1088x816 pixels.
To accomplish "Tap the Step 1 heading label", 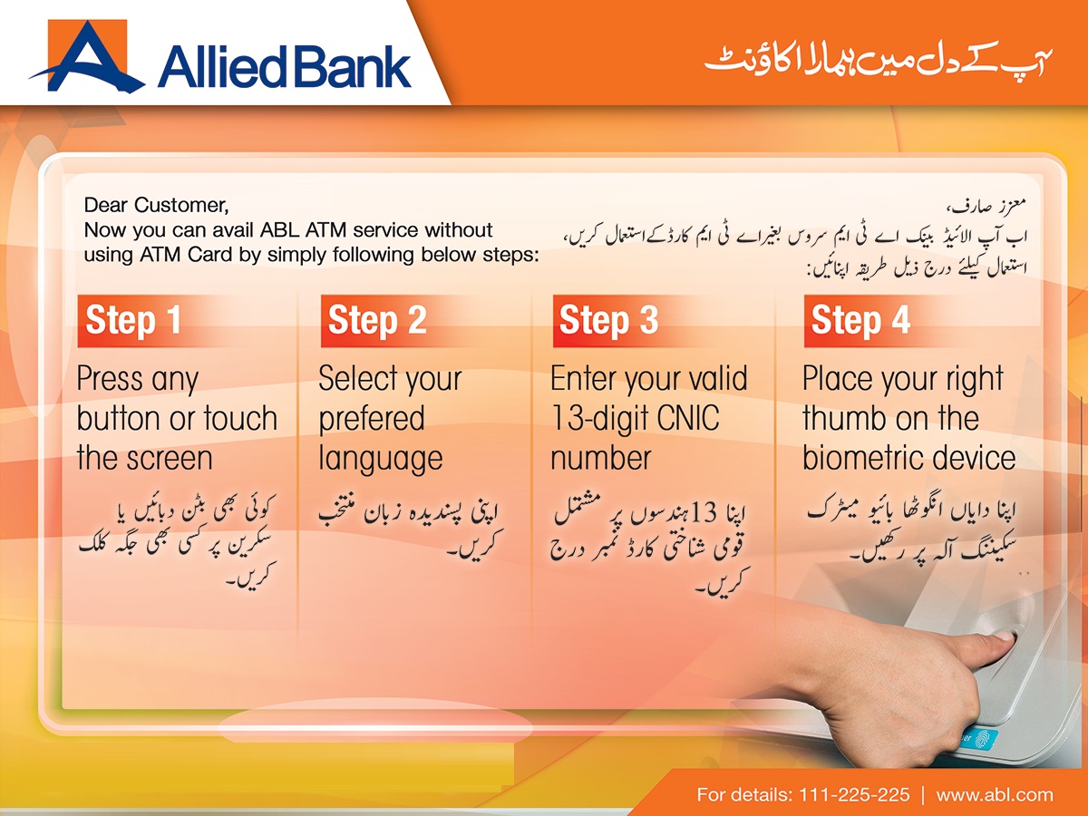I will pyautogui.click(x=133, y=321).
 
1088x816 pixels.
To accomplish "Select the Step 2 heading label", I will pyautogui.click(x=376, y=321).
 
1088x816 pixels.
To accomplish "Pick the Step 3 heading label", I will pyautogui.click(x=608, y=321).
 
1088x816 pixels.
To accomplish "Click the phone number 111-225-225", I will pyautogui.click(x=854, y=794).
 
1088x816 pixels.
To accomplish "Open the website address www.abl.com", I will pyautogui.click(x=995, y=794).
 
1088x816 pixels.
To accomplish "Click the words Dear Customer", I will pyautogui.click(x=151, y=206).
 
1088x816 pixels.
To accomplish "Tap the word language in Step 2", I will pyautogui.click(x=380, y=459).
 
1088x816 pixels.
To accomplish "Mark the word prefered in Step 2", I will pyautogui.click(x=372, y=419).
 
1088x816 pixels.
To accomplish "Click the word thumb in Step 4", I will pyautogui.click(x=844, y=419).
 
